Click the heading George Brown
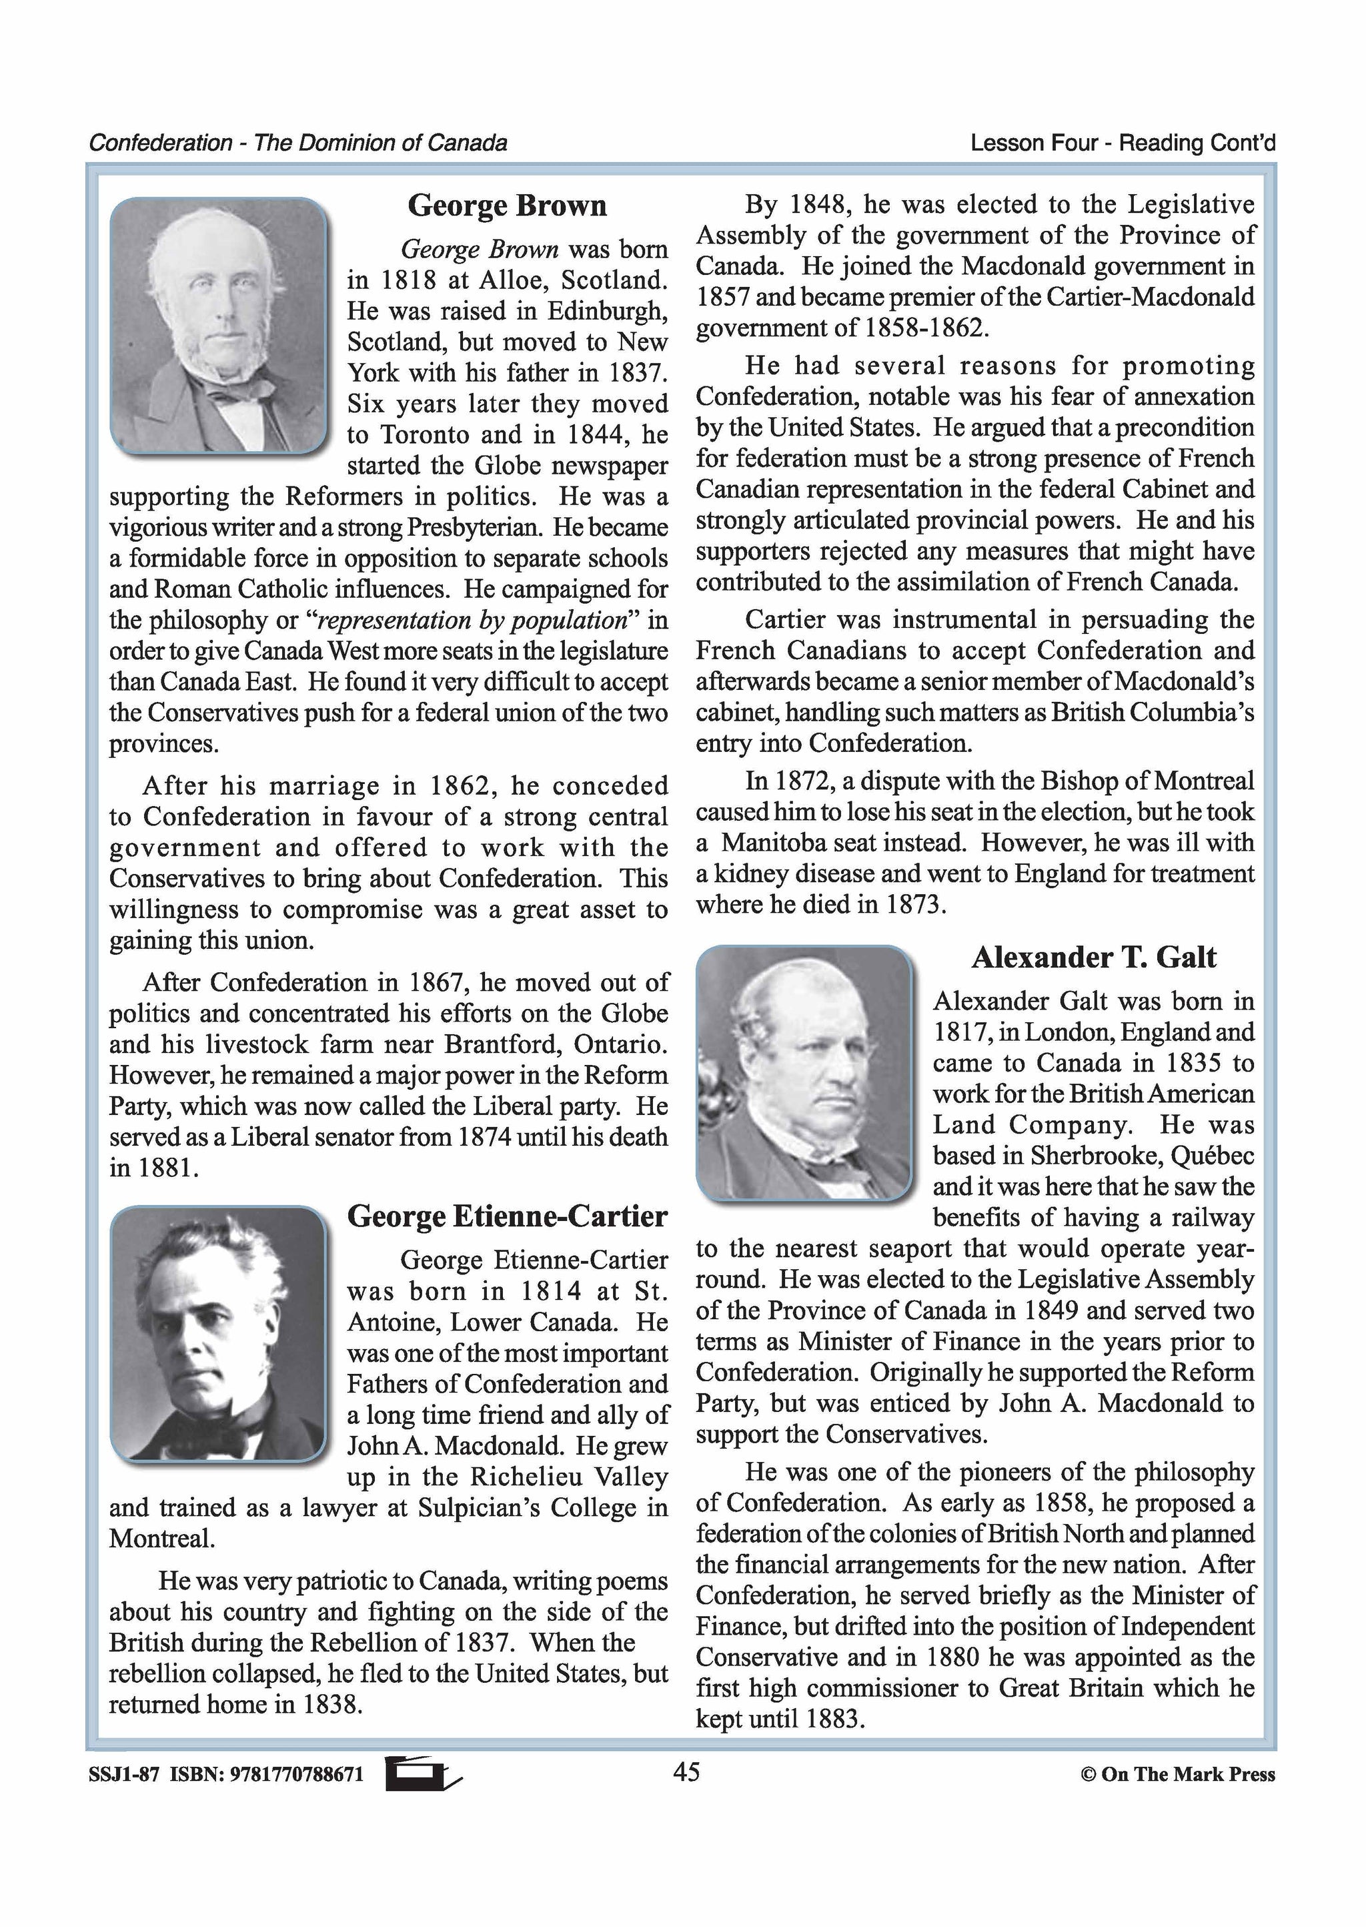(506, 206)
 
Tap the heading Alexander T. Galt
(1093, 957)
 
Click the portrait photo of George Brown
(218, 326)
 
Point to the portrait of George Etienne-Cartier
(218, 1333)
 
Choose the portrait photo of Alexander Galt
(804, 1073)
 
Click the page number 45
(686, 1772)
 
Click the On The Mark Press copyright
(1178, 1775)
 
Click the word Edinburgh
(608, 312)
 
